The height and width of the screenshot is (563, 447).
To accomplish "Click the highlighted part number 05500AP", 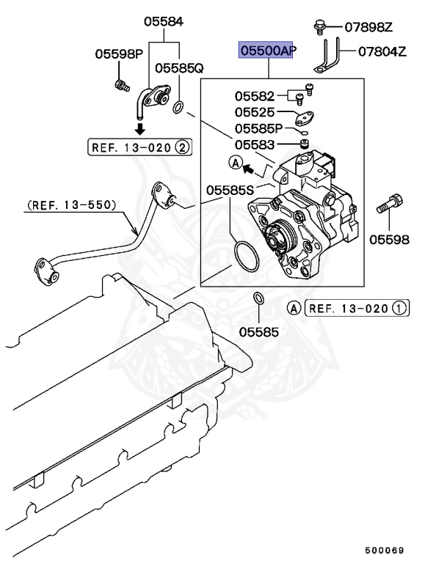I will click(265, 51).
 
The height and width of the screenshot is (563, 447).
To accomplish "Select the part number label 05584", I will click(163, 22).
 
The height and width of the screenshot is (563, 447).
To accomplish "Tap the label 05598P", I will click(118, 54).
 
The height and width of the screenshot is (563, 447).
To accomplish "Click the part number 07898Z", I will click(369, 28).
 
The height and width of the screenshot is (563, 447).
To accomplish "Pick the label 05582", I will click(255, 96).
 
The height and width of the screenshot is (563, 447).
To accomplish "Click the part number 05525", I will click(255, 112).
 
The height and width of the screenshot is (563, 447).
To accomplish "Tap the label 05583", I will click(255, 144).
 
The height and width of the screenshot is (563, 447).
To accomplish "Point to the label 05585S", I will click(230, 190).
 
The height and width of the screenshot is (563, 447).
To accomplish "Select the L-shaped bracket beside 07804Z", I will click(327, 57).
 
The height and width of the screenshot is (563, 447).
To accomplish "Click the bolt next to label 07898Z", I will click(321, 27).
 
